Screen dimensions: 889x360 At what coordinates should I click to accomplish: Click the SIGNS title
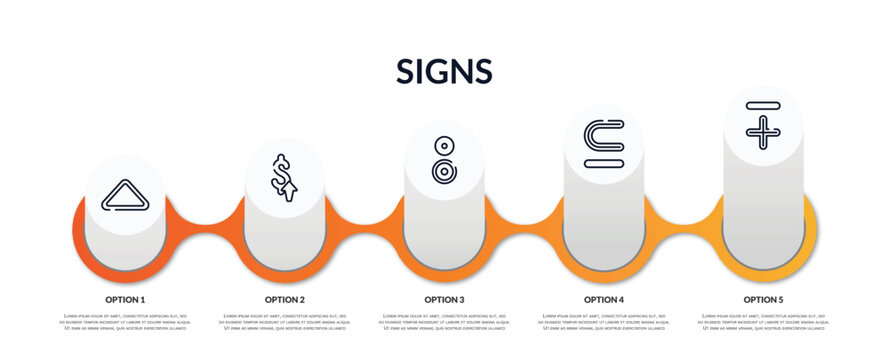444,71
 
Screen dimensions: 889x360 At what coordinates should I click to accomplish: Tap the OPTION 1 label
125,299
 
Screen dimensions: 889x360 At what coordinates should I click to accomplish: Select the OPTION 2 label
285,299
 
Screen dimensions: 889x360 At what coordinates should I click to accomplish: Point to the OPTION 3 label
444,299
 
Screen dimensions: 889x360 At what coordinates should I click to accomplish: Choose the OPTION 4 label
604,299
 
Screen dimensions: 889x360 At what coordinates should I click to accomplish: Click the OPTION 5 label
763,299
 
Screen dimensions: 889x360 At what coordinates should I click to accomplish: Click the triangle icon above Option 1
125,196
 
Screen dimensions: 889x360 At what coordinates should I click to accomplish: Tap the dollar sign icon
284,178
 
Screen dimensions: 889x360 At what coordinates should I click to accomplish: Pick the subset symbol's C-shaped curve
603,135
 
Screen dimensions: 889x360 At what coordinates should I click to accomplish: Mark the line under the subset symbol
603,160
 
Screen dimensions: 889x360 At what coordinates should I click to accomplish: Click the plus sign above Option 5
762,131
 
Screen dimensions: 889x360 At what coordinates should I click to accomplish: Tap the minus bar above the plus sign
762,105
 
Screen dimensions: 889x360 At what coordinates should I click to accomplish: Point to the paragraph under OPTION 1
125,322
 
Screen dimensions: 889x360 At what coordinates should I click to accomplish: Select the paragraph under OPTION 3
444,322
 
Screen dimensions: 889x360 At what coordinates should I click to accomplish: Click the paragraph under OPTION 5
763,322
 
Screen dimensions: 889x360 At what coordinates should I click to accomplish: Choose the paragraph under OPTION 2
285,322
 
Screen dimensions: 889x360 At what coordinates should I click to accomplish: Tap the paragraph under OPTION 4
604,322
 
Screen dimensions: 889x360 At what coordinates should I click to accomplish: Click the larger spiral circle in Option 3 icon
443,170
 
